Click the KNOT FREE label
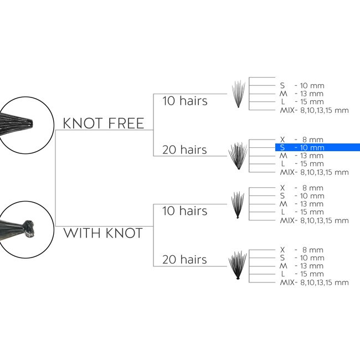click(x=104, y=124)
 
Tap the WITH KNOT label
click(x=103, y=233)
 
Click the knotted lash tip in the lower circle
click(x=29, y=229)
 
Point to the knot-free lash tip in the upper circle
click(x=29, y=124)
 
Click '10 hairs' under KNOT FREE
click(x=184, y=101)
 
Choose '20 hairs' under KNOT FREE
click(x=184, y=150)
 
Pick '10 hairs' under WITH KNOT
click(x=184, y=211)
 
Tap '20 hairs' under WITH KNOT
click(x=184, y=259)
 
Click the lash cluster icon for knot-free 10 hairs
click(x=238, y=94)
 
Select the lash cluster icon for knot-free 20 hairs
click(x=238, y=156)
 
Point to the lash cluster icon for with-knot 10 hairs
click(x=238, y=204)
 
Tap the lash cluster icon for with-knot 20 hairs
click(x=238, y=265)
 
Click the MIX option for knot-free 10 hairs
click(x=315, y=110)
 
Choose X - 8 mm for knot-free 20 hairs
click(x=302, y=140)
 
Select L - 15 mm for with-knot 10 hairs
click(x=302, y=212)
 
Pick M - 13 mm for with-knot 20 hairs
click(x=302, y=266)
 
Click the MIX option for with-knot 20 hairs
click(x=315, y=282)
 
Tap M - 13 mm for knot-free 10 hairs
click(x=302, y=94)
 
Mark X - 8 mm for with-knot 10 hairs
click(x=302, y=188)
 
